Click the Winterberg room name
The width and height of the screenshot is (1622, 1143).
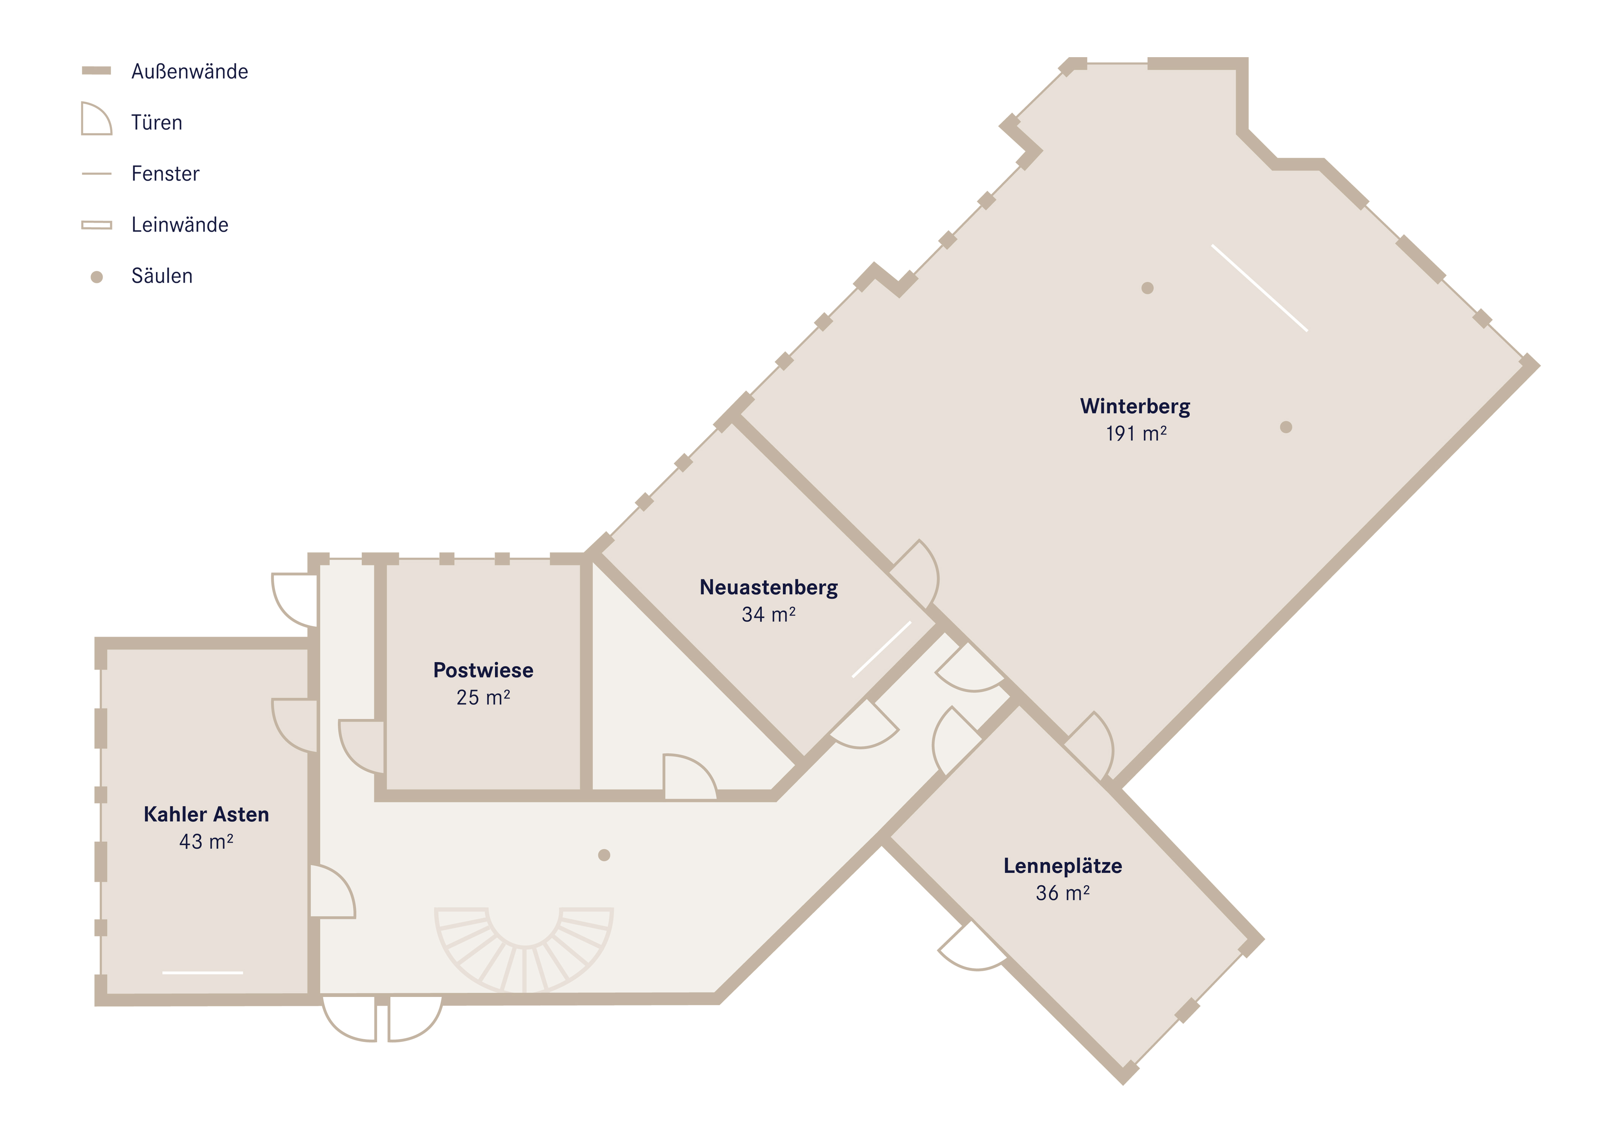coord(1134,407)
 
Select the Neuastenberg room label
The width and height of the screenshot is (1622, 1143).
coord(769,588)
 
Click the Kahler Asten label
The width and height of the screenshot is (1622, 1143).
coord(206,814)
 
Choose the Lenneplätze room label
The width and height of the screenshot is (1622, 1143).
coord(1063,866)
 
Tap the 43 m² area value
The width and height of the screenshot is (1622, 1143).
coord(206,841)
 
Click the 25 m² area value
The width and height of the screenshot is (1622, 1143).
coord(483,697)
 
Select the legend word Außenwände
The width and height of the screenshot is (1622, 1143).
coord(189,72)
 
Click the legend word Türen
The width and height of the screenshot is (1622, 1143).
coord(157,123)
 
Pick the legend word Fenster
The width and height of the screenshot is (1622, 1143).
coord(165,174)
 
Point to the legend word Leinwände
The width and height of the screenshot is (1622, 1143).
coord(179,225)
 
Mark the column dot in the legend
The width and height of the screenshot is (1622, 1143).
coord(97,277)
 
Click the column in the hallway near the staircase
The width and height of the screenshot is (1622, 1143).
coord(604,855)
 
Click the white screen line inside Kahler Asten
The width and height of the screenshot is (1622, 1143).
coord(203,973)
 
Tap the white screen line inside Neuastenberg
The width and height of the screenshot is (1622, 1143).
coord(882,649)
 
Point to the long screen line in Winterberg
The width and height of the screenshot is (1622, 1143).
coord(1260,288)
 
